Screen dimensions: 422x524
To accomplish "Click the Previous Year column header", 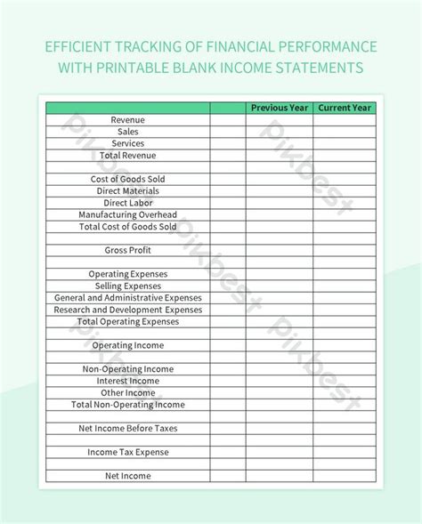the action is pyautogui.click(x=280, y=108).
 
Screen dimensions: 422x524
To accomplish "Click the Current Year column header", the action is pyautogui.click(x=345, y=108).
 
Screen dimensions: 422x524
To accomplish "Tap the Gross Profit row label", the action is pyautogui.click(x=128, y=251).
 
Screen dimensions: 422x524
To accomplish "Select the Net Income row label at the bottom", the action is pyautogui.click(x=128, y=476).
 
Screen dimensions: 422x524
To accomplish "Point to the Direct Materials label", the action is pyautogui.click(x=128, y=191).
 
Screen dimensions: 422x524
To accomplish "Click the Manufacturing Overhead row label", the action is pyautogui.click(x=128, y=214).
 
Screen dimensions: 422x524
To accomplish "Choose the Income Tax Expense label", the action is pyautogui.click(x=128, y=452).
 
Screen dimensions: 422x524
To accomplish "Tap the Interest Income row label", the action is pyautogui.click(x=128, y=381).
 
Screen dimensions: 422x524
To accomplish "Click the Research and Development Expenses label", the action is pyautogui.click(x=128, y=310).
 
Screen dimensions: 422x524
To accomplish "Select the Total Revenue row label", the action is pyautogui.click(x=128, y=156).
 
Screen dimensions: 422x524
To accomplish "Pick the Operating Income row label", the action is pyautogui.click(x=128, y=345).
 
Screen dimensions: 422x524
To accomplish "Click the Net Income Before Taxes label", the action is pyautogui.click(x=128, y=428).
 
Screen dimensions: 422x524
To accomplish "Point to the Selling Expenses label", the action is pyautogui.click(x=128, y=286).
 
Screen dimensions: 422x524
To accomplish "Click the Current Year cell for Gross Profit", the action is pyautogui.click(x=345, y=251).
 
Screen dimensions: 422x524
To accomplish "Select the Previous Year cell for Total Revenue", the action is pyautogui.click(x=280, y=156).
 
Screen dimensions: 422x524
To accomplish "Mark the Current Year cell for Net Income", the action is pyautogui.click(x=345, y=476).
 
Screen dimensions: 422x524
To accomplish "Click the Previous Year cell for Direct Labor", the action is pyautogui.click(x=280, y=203).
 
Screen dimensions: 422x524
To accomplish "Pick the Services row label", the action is pyautogui.click(x=128, y=143).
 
